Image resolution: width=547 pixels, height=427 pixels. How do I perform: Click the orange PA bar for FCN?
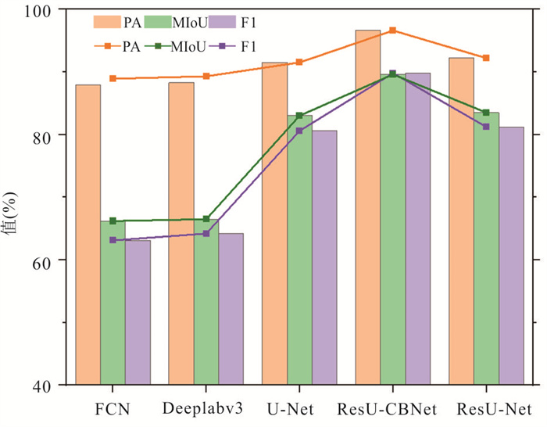[x=88, y=235]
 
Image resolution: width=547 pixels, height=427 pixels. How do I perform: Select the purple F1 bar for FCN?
[x=138, y=313]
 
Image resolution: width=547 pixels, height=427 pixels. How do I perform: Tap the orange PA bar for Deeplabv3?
[x=181, y=235]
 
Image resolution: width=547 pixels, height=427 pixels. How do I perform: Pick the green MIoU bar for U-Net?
[x=299, y=250]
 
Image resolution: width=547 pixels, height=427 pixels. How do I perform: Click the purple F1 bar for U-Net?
[x=324, y=258]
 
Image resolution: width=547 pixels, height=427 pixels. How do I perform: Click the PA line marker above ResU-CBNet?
[x=393, y=30]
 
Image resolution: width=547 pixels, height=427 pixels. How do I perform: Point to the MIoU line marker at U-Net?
[x=299, y=116]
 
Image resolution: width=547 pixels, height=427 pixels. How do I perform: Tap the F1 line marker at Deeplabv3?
[x=206, y=233]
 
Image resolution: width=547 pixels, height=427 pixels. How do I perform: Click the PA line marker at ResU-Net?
[x=486, y=58]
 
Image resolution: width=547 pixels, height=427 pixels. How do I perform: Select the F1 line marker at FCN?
[x=113, y=240]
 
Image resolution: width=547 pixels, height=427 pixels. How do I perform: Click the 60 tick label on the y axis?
[x=52, y=260]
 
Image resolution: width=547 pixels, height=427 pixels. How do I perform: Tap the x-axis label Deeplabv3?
[x=206, y=409]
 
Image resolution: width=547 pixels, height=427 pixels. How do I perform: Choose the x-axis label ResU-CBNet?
[x=392, y=409]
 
